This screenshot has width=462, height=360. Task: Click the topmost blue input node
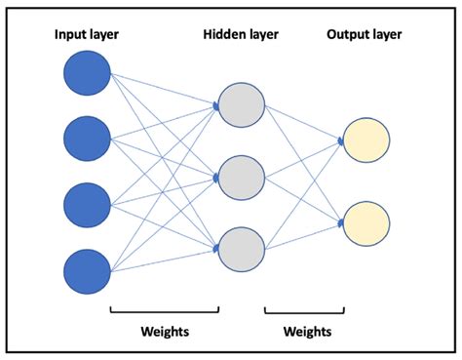coord(87,75)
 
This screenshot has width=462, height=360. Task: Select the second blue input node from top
coord(87,140)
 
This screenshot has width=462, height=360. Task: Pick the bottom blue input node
coord(87,270)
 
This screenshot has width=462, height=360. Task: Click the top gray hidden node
coord(241,106)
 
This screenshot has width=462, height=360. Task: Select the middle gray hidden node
coord(241,178)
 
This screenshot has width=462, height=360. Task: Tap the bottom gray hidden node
coord(241,248)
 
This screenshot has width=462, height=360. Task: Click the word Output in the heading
coord(346,36)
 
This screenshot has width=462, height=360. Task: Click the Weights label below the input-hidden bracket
coord(163,332)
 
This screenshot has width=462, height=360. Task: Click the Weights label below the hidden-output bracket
coord(306,332)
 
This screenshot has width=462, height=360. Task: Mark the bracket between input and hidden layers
coord(164,311)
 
